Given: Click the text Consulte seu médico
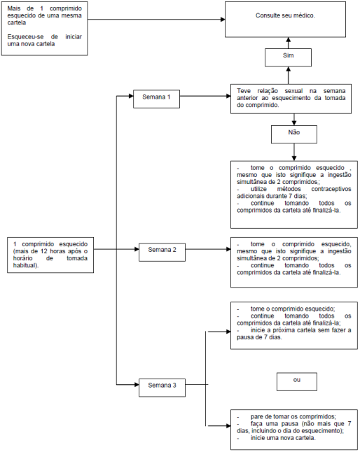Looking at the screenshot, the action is (285, 15).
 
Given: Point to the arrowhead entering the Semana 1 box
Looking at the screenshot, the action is (131, 96).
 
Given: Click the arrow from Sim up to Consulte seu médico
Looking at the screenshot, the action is (288, 43).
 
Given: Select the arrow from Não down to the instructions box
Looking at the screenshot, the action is (294, 152).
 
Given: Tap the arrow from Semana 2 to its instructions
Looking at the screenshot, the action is (208, 249).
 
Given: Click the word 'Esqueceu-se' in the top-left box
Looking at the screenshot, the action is (25, 37).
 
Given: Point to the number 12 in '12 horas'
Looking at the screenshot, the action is (43, 251).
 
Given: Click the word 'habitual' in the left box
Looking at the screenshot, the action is (25, 265).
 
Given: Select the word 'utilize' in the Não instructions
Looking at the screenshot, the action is (258, 189).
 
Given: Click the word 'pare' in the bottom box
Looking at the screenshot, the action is (256, 417).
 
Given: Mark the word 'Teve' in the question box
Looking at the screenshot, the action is (244, 91).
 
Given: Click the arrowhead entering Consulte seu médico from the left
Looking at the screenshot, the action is (223, 20).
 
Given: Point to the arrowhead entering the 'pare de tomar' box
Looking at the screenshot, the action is (228, 425).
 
